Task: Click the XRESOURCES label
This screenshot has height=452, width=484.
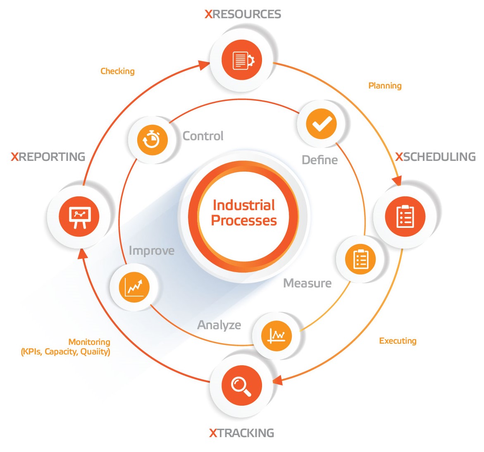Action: [243, 14]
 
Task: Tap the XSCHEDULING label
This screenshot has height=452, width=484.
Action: [436, 157]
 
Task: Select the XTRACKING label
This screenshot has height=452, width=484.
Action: [242, 433]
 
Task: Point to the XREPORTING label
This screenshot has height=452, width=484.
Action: [48, 157]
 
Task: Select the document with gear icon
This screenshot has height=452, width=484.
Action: [243, 60]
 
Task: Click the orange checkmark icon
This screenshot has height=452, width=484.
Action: [321, 124]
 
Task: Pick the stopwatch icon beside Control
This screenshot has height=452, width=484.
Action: [152, 140]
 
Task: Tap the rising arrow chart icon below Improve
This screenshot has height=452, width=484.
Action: [134, 287]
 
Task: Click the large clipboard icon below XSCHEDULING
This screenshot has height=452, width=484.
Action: [405, 216]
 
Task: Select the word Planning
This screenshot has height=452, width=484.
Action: [385, 86]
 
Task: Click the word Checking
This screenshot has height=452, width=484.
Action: [118, 71]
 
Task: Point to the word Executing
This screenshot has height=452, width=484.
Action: [398, 341]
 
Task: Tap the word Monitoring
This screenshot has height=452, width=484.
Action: [89, 342]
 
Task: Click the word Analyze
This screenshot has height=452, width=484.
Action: [219, 325]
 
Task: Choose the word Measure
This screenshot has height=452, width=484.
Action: [308, 283]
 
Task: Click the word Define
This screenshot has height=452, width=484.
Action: [320, 160]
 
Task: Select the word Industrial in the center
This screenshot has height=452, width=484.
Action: [244, 205]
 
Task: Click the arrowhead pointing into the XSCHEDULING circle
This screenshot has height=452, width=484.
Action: [398, 181]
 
